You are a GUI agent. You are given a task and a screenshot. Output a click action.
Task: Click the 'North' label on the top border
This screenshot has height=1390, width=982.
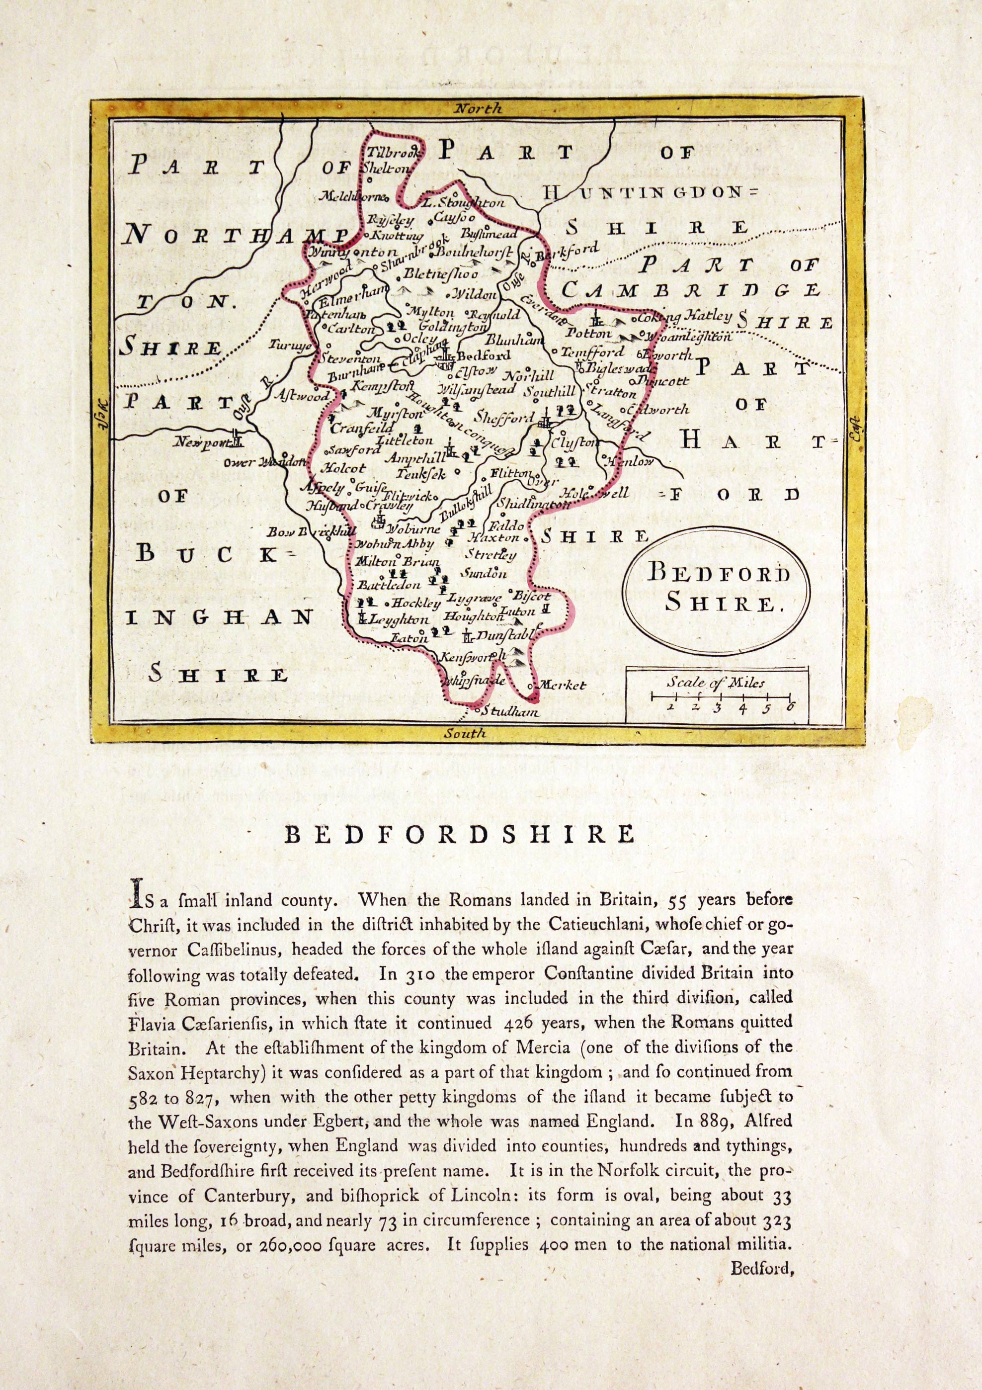478,109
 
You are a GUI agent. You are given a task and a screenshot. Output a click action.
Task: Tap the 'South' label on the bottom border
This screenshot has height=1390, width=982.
465,733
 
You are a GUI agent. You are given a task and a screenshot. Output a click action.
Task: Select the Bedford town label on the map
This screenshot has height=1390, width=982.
484,356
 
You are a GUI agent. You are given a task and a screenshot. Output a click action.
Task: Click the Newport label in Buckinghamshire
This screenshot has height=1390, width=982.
198,443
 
